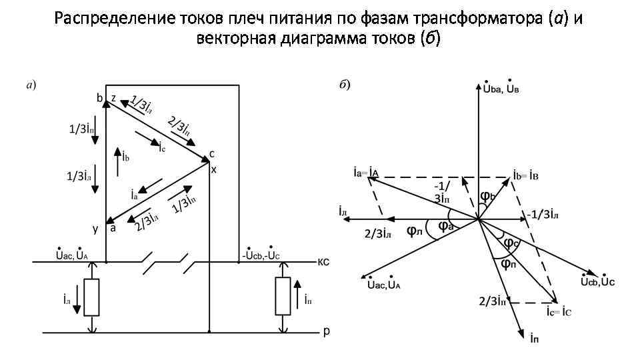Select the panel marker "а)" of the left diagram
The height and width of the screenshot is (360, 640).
[x=31, y=85]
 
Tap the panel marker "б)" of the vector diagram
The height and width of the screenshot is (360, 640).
[x=345, y=85]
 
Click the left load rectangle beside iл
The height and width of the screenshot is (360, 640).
[x=93, y=297]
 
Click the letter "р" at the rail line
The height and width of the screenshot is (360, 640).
[x=326, y=331]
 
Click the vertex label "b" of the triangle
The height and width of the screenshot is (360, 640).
[x=99, y=98]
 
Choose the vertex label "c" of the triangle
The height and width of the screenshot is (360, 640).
[x=212, y=154]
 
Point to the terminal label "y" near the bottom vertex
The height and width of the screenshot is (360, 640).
[x=96, y=229]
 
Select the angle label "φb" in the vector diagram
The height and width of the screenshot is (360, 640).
[x=487, y=197]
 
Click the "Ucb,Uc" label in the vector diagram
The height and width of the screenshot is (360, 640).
[x=597, y=281]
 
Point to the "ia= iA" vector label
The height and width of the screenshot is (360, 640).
[x=367, y=172]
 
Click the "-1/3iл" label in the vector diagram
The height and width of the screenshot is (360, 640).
[x=543, y=214]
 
